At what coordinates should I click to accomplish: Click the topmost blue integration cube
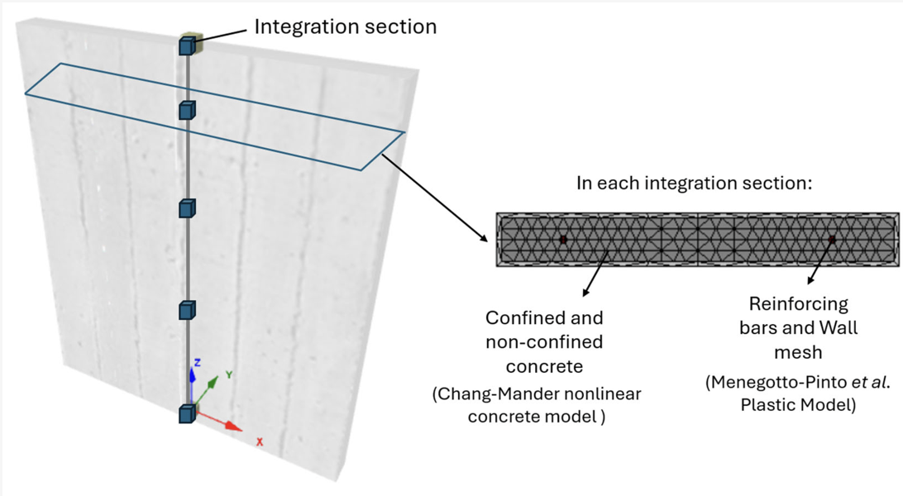pyautogui.click(x=186, y=46)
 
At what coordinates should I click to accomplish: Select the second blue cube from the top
pyautogui.click(x=187, y=110)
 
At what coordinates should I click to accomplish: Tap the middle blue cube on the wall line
pyautogui.click(x=187, y=207)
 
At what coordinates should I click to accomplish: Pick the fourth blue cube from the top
pyautogui.click(x=187, y=310)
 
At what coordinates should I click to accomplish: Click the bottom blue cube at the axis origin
pyautogui.click(x=187, y=413)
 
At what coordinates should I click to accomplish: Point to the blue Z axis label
pyautogui.click(x=197, y=363)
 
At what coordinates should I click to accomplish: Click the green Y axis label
pyautogui.click(x=229, y=374)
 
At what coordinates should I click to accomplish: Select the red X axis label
pyautogui.click(x=259, y=442)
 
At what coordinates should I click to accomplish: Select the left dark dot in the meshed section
pyautogui.click(x=563, y=240)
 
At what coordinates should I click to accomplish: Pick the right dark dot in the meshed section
pyautogui.click(x=832, y=240)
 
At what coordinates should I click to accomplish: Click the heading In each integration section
pyautogui.click(x=695, y=183)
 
